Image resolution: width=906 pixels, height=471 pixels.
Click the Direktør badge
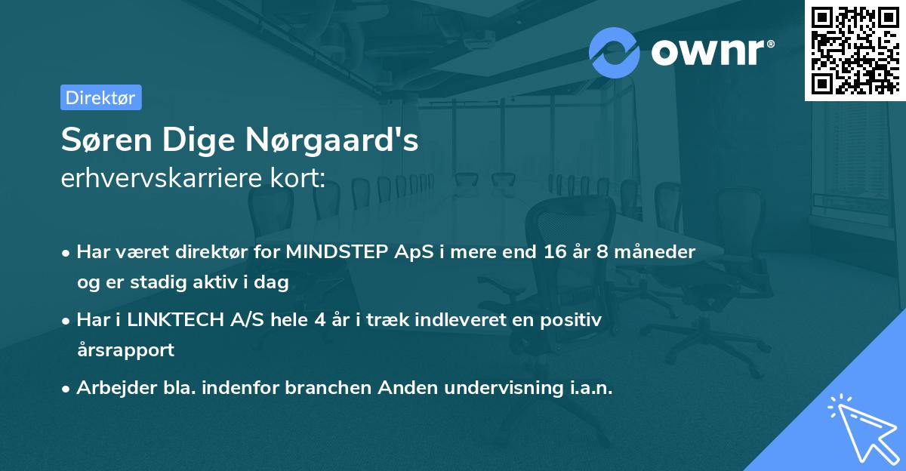pyautogui.click(x=100, y=97)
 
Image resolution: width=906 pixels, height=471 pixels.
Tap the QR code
pyautogui.click(x=855, y=50)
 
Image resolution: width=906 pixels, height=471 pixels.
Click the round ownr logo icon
pyautogui.click(x=614, y=53)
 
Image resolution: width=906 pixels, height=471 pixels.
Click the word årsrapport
pyautogui.click(x=125, y=349)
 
